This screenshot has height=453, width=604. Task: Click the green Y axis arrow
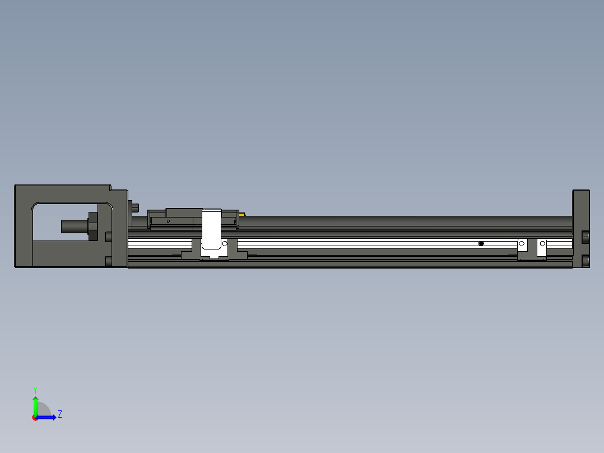35,405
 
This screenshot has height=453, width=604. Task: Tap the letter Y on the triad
35,389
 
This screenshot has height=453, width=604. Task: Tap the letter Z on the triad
59,414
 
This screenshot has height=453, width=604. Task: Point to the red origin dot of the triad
35,418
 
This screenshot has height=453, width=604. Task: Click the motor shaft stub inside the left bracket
73,227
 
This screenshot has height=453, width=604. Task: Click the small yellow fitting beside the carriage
241,214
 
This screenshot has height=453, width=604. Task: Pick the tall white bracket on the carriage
212,230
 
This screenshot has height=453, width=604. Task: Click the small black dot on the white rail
481,243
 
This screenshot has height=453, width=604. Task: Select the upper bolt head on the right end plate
586,237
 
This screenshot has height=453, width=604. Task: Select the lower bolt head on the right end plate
586,261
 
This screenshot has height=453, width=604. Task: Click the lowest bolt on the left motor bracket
109,261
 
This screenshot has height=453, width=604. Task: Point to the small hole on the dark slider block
168,221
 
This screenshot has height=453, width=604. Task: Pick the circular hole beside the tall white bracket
225,244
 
